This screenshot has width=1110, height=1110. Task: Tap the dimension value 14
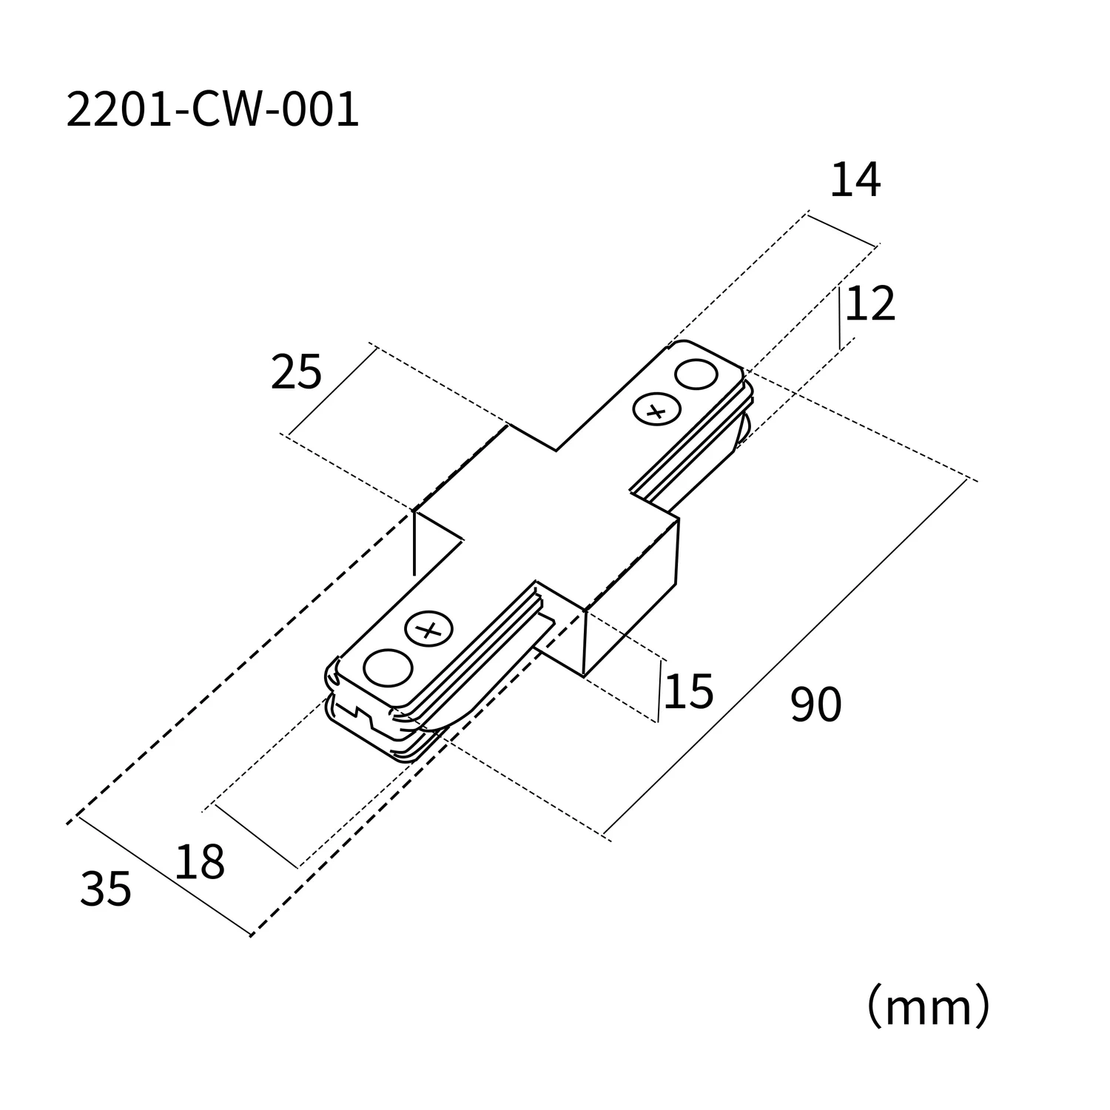click(x=855, y=181)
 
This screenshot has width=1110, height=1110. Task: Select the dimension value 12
click(x=870, y=304)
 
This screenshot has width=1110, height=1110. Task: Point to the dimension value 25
click(x=296, y=372)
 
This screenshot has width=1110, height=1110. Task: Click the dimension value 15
click(x=688, y=692)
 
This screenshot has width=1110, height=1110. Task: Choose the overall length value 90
click(x=815, y=704)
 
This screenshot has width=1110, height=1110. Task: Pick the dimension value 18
click(x=200, y=862)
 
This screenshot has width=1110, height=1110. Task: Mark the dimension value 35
click(x=106, y=889)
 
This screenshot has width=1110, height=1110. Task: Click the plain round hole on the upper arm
click(x=696, y=374)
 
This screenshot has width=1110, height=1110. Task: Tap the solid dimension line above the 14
click(x=841, y=229)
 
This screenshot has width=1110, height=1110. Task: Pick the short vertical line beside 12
click(x=839, y=318)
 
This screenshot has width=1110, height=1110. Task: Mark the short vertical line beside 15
click(x=659, y=691)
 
